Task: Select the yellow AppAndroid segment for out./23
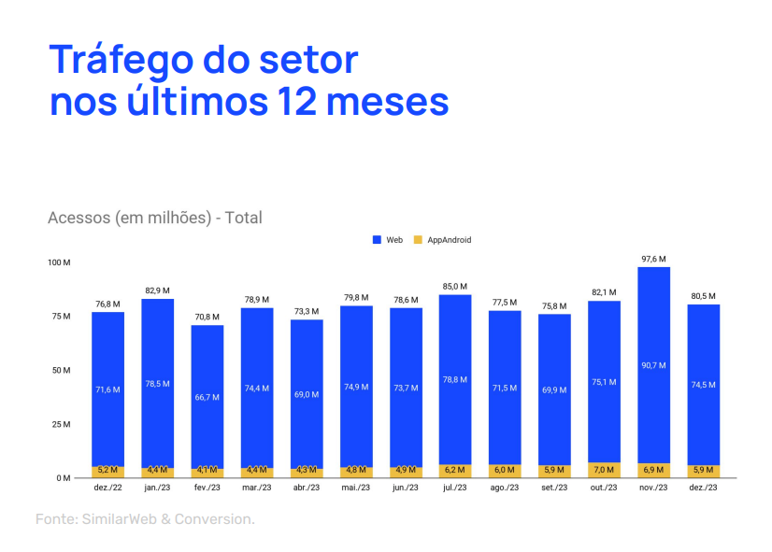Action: tap(604, 470)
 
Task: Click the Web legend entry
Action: tap(388, 240)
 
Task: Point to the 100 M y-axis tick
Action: tap(60, 262)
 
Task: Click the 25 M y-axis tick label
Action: tap(62, 424)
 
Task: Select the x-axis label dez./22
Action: tap(107, 488)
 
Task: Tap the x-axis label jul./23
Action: tap(455, 488)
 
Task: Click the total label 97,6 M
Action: tap(653, 259)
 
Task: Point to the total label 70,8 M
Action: tap(207, 317)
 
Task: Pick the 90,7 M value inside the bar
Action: tap(653, 365)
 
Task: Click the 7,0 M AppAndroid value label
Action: tap(604, 470)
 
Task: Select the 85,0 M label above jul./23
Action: tap(455, 287)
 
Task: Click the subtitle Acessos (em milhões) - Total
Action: tap(155, 218)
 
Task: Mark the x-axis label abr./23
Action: tap(307, 488)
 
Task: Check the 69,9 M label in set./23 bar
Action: tap(554, 389)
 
